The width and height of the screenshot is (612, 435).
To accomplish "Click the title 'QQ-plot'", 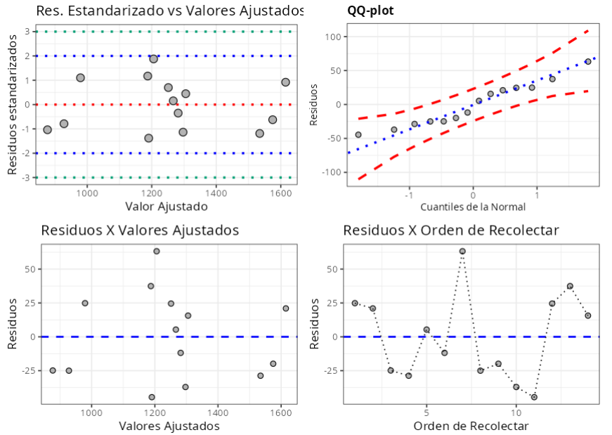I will (x=370, y=11).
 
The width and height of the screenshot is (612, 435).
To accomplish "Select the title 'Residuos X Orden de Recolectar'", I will (x=450, y=231).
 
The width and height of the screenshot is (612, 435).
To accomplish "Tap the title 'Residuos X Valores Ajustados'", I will (x=140, y=231).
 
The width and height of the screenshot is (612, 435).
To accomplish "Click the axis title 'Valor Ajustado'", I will (x=167, y=206).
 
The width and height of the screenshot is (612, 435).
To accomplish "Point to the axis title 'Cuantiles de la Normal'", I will (x=473, y=207).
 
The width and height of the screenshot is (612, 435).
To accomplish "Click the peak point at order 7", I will (x=462, y=251).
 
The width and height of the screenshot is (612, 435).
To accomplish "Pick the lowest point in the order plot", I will (x=534, y=397).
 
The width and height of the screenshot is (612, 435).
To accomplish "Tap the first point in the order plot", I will (x=355, y=303).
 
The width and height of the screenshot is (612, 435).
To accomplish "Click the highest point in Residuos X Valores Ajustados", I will (x=157, y=251).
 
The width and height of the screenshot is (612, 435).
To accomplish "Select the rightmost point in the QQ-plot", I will (x=588, y=62).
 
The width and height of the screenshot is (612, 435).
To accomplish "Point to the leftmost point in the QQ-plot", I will (x=358, y=134).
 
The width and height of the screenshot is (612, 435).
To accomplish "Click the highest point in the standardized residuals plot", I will (x=153, y=59).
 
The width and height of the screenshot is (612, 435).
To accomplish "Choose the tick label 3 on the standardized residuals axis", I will (x=26, y=32).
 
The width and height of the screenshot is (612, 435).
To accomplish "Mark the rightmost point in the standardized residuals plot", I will (x=285, y=82).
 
